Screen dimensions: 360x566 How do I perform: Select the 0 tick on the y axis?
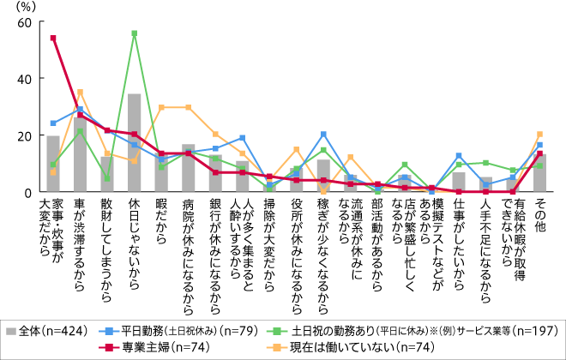[x=28, y=192]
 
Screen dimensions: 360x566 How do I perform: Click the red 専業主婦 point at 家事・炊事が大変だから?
[x=53, y=38]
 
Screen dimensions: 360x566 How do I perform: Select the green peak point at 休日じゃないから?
[x=135, y=33]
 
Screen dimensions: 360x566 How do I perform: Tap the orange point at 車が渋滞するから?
[x=80, y=92]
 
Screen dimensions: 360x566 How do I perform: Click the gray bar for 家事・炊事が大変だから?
[x=53, y=164]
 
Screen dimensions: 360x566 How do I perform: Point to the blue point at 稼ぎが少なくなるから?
[x=323, y=134]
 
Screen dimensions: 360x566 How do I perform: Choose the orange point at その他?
[x=539, y=134]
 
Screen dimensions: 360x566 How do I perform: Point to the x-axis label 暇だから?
[x=161, y=222]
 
